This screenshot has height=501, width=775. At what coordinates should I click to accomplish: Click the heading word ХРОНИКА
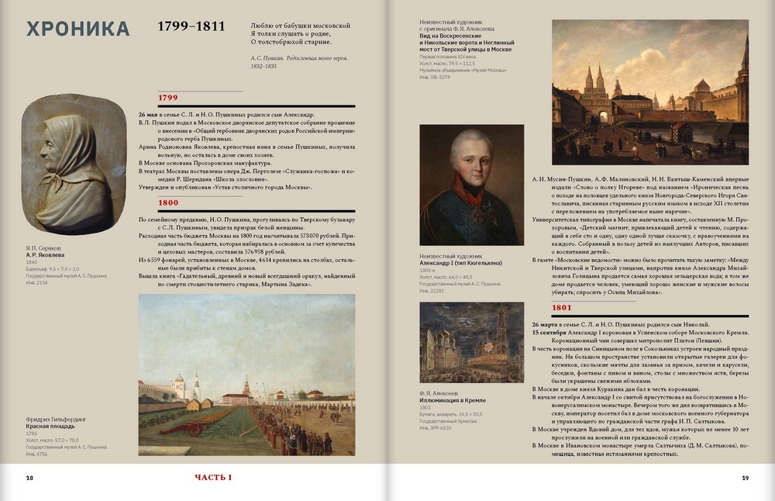(x=77, y=29)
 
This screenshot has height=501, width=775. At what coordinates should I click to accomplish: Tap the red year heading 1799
(x=168, y=98)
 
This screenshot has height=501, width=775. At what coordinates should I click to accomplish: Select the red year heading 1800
(x=168, y=203)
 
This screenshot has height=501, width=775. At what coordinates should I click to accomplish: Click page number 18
(x=29, y=478)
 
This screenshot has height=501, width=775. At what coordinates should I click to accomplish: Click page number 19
(x=745, y=478)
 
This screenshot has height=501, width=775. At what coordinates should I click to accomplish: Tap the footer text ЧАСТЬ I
(x=213, y=478)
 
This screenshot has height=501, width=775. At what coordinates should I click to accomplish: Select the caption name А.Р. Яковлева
(x=46, y=254)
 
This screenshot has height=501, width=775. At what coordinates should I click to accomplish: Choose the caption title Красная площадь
(x=50, y=427)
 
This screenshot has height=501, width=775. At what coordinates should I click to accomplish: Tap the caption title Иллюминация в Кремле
(x=453, y=401)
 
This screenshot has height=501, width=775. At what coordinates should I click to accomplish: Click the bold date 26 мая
(x=150, y=113)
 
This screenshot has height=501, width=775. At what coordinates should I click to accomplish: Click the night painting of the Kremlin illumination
(x=460, y=342)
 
